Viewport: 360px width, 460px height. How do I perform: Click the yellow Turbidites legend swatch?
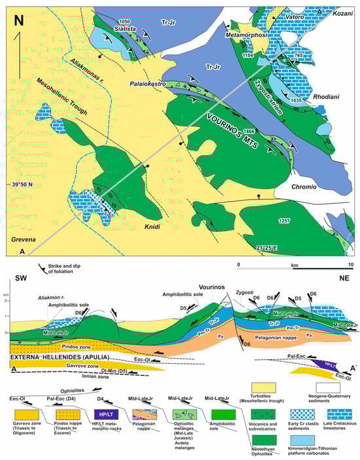coord(264,377)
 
